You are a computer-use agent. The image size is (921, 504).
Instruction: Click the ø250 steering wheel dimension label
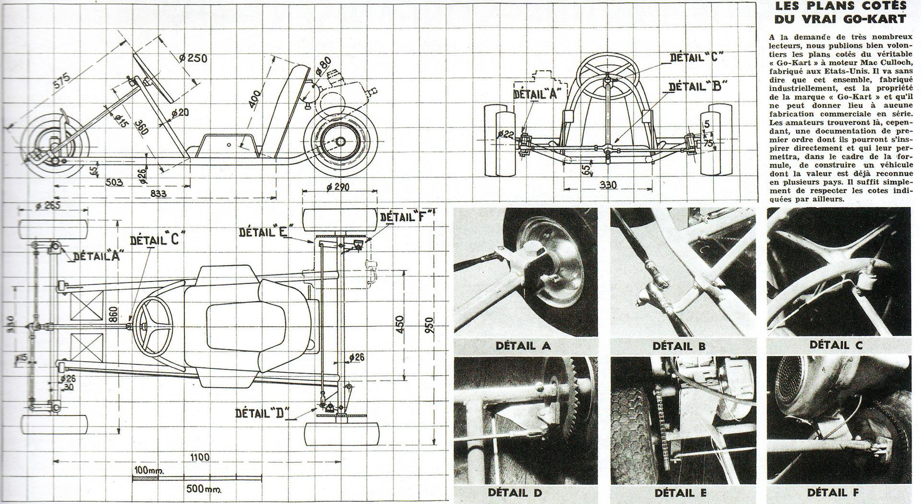(193, 58)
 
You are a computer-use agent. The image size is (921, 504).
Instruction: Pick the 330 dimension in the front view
(608, 184)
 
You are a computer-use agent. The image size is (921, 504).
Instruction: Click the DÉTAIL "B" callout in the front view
(697, 86)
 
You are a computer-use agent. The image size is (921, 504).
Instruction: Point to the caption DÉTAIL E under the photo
(680, 492)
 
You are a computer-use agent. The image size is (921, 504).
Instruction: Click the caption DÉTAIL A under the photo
(523, 345)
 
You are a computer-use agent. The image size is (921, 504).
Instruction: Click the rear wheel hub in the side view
(341, 142)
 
